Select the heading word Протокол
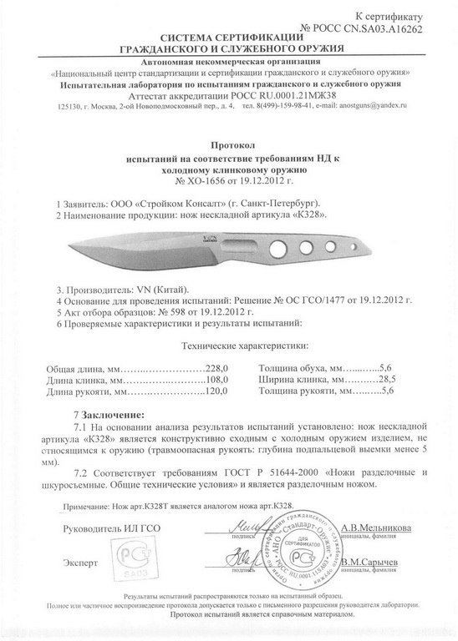pyautogui.click(x=228, y=144)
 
